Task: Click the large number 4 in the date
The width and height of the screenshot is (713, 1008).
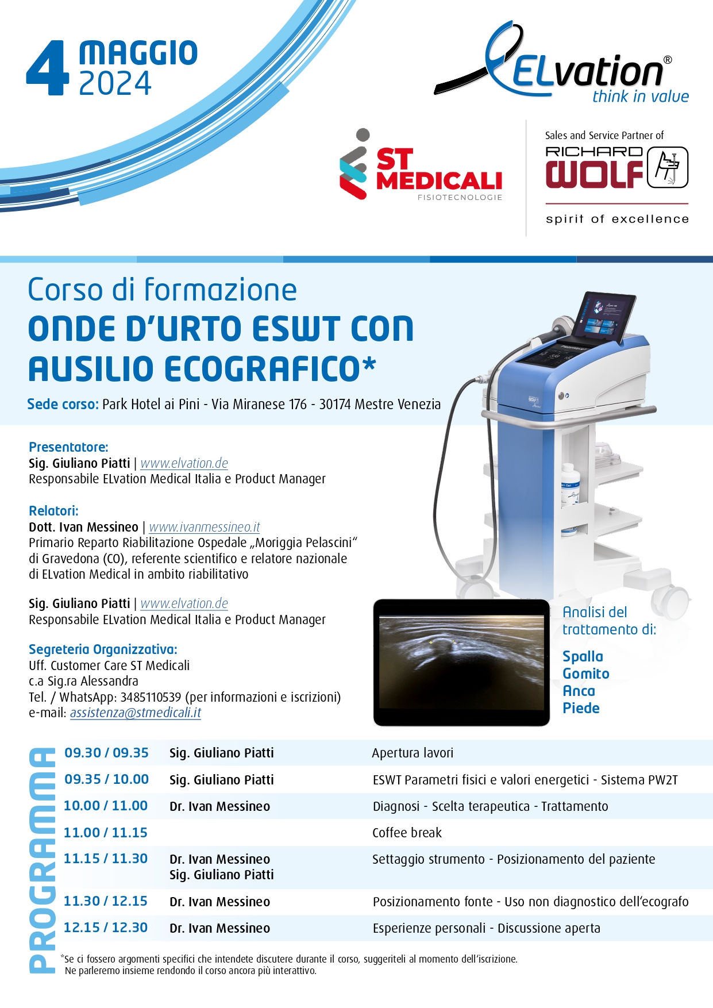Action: (48, 68)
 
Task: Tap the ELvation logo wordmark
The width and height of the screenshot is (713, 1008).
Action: (586, 72)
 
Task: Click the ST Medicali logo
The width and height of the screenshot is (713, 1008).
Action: (421, 165)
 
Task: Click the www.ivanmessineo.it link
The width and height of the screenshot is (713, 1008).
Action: (205, 527)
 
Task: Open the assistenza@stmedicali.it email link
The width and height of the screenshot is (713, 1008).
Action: (136, 713)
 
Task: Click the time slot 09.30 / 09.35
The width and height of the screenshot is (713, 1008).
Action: (106, 753)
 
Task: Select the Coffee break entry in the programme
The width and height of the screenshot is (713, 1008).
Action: (407, 833)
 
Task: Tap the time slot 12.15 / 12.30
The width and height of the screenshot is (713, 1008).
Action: (106, 928)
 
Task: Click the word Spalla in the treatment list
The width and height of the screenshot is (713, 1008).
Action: (583, 657)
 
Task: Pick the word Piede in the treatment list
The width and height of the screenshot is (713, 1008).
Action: (581, 708)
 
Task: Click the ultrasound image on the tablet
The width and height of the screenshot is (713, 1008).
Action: (461, 662)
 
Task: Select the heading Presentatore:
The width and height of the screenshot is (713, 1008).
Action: (68, 447)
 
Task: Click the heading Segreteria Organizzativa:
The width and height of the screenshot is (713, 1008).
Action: (103, 649)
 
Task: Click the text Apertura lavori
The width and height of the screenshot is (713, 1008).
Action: (413, 753)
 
